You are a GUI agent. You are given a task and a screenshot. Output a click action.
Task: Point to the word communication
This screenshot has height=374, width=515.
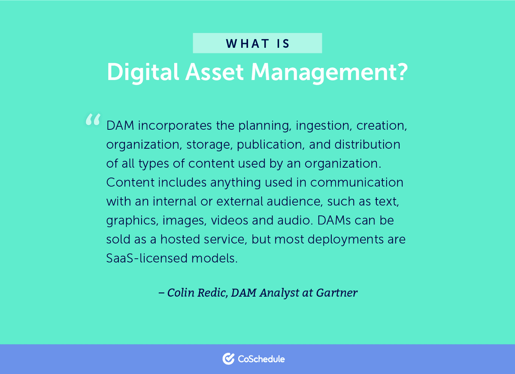tap(357, 182)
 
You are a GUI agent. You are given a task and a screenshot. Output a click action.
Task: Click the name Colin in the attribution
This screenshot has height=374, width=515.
tap(181, 293)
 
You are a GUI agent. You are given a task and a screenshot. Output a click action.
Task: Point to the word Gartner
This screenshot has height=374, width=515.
tap(337, 293)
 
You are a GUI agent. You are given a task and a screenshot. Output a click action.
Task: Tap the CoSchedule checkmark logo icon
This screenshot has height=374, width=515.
tap(228, 359)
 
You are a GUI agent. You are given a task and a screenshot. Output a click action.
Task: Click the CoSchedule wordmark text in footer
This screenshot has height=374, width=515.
tap(261, 359)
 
